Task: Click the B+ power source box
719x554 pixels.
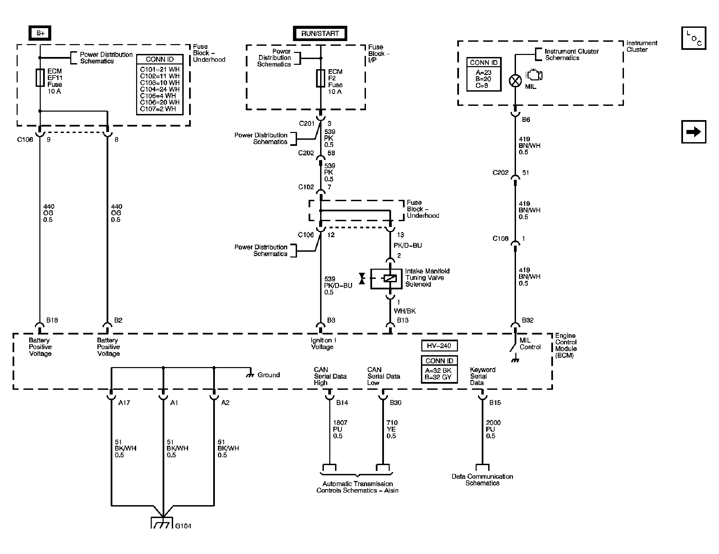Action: (40, 33)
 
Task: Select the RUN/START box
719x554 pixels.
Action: (320, 34)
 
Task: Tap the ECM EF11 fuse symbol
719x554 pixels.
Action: (40, 78)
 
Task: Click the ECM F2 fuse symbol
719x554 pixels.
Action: (320, 78)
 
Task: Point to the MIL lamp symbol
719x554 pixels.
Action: (515, 81)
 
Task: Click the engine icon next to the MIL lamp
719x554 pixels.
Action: (534, 75)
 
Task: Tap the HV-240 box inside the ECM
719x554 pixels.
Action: (439, 346)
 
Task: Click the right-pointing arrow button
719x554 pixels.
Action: (693, 132)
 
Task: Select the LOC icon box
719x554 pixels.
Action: (693, 38)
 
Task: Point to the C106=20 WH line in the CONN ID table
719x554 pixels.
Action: (160, 102)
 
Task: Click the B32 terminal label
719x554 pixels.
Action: (528, 320)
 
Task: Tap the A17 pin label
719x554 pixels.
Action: (124, 403)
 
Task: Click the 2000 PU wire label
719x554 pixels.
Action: (493, 429)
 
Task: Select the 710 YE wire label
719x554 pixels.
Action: (392, 429)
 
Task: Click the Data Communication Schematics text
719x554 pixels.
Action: (482, 480)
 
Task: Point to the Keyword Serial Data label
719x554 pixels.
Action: (482, 376)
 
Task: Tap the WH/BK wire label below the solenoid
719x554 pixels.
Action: (404, 311)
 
